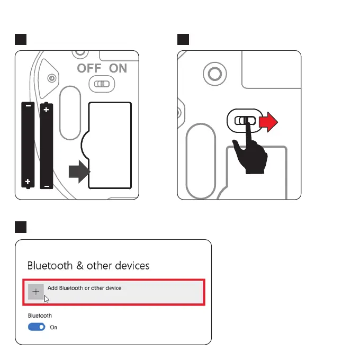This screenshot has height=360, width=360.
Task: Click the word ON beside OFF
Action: [x=118, y=68]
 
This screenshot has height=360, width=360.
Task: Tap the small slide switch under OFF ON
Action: [x=101, y=83]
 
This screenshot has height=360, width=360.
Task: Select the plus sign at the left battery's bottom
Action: [x=28, y=182]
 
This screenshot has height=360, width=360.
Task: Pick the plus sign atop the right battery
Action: [x=47, y=110]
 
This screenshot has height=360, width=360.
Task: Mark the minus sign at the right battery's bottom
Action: [x=47, y=186]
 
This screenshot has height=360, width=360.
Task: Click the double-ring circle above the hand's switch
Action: [x=215, y=72]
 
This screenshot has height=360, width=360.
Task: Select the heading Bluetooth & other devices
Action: [x=88, y=265]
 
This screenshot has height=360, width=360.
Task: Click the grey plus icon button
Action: [x=36, y=292]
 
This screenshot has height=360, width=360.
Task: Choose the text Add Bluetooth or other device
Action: [x=84, y=288]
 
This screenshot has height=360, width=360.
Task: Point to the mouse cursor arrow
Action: [x=47, y=299]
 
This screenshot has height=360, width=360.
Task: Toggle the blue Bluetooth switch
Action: [x=37, y=327]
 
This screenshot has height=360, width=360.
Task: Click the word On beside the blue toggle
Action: [x=53, y=327]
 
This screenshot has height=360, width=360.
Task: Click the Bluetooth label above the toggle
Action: [x=40, y=316]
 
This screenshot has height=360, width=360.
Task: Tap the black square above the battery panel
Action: [x=20, y=40]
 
